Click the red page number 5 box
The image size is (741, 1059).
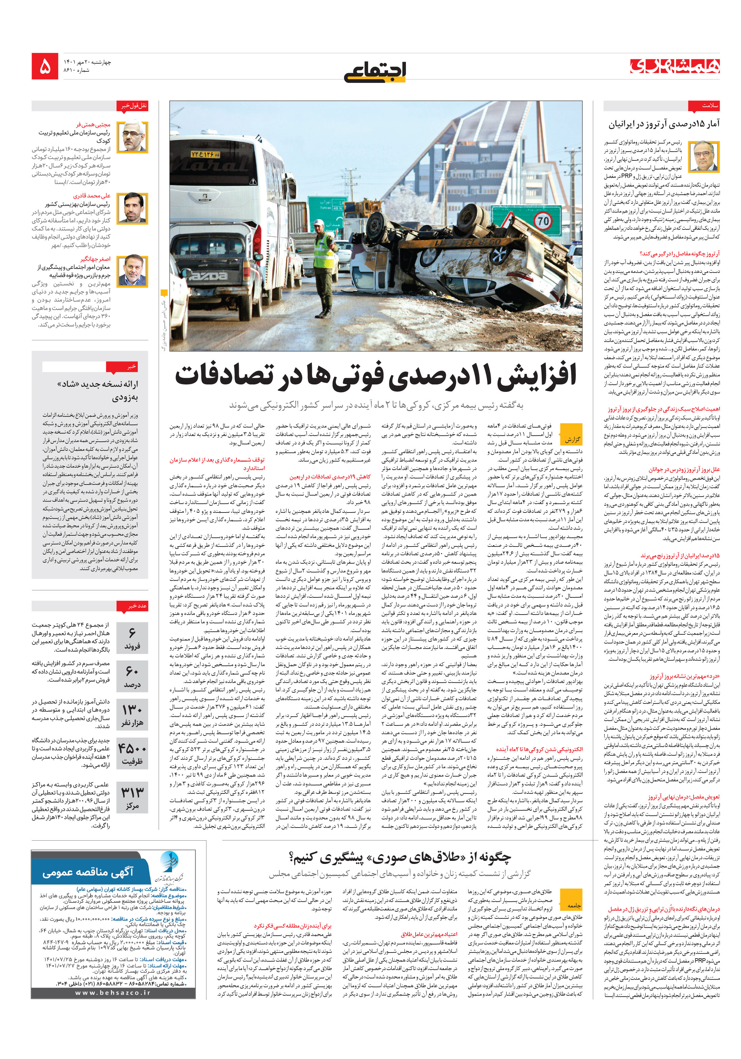(x=45, y=66)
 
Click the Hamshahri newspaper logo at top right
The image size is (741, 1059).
(x=675, y=66)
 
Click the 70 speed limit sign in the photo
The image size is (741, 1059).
(x=543, y=221)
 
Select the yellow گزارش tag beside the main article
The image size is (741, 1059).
(x=571, y=440)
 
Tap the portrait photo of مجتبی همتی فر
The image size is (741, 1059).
(x=132, y=137)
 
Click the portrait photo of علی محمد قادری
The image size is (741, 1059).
(x=132, y=208)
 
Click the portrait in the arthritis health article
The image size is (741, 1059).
(x=703, y=156)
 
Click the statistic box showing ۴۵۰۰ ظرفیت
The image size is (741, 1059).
(x=132, y=754)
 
